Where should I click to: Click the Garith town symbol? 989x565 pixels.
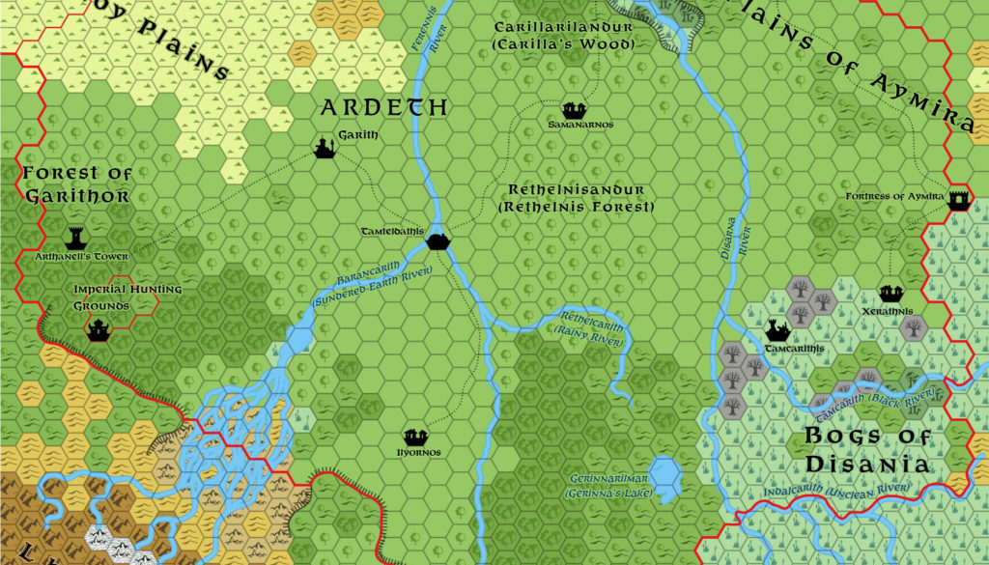coord(324,148)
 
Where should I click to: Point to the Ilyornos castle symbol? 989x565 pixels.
coord(415,437)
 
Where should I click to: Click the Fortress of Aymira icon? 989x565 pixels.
coord(958,201)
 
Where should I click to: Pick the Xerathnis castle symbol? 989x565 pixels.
coord(890,293)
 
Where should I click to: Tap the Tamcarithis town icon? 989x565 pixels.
coord(777,331)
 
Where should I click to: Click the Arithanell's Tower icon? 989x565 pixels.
coord(75,239)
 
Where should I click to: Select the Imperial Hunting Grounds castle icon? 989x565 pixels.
coord(98,330)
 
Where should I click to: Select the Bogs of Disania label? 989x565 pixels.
coord(867,451)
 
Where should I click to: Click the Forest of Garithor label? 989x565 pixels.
coord(76,184)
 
